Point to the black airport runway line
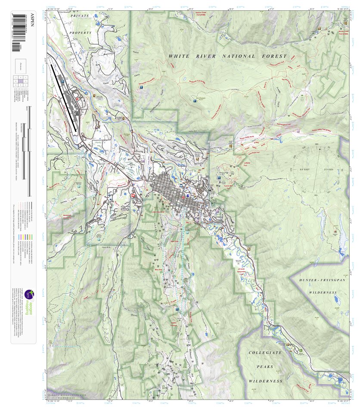point(64,97)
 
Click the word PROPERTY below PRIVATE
point(82,33)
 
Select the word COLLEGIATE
point(265,353)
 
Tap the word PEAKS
point(266,366)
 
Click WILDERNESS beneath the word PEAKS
point(266,381)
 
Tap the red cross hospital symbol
point(133,195)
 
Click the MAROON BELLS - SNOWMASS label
point(67,395)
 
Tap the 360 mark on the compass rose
point(320,144)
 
